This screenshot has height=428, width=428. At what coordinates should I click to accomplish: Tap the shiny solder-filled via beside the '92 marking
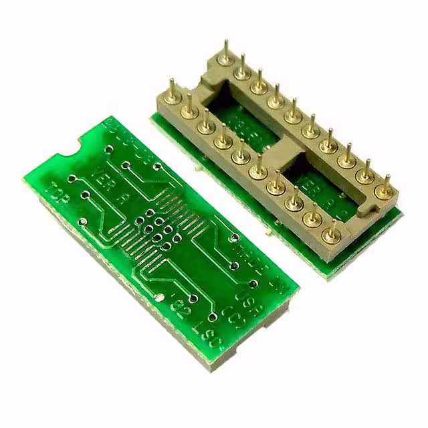point(160,297)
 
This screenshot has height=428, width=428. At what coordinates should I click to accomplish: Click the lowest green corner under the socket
point(328,275)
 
